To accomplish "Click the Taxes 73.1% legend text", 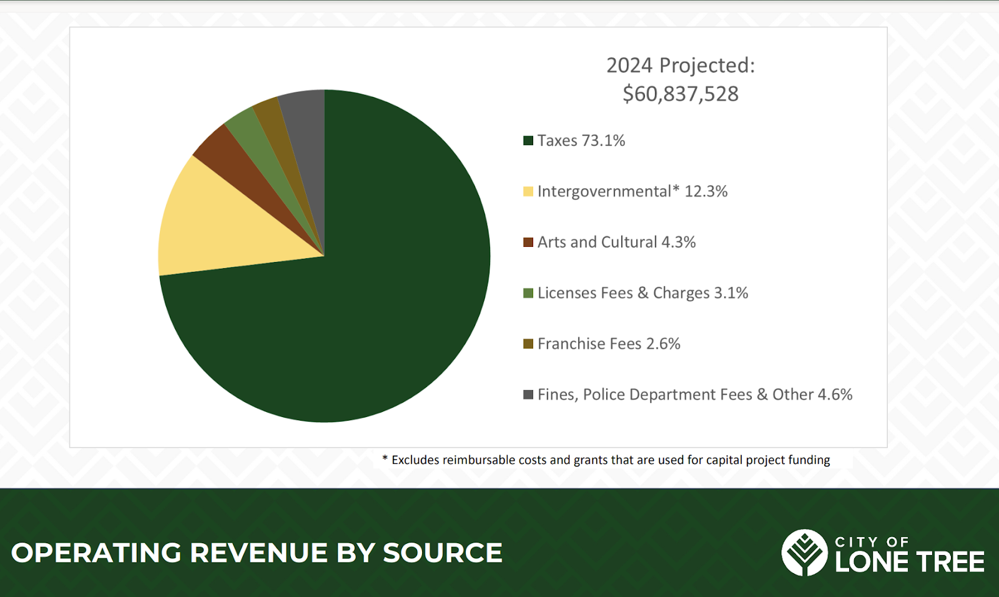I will pyautogui.click(x=581, y=141).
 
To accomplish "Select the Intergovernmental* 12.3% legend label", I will pyautogui.click(x=632, y=191).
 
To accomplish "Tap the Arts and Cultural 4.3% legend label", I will pyautogui.click(x=616, y=242).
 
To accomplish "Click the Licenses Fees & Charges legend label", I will pyautogui.click(x=642, y=293).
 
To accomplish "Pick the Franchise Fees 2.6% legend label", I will pyautogui.click(x=609, y=344).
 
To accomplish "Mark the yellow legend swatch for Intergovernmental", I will pyautogui.click(x=528, y=191).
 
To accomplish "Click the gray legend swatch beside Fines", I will pyautogui.click(x=528, y=394).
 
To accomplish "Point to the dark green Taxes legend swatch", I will pyautogui.click(x=528, y=141).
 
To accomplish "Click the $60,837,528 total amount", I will pyautogui.click(x=681, y=94).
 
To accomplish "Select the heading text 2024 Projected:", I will pyautogui.click(x=681, y=65).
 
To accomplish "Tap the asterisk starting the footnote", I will pyautogui.click(x=385, y=459).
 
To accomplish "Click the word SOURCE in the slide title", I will pyautogui.click(x=442, y=553).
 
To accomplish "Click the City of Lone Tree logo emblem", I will pyautogui.click(x=805, y=553).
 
